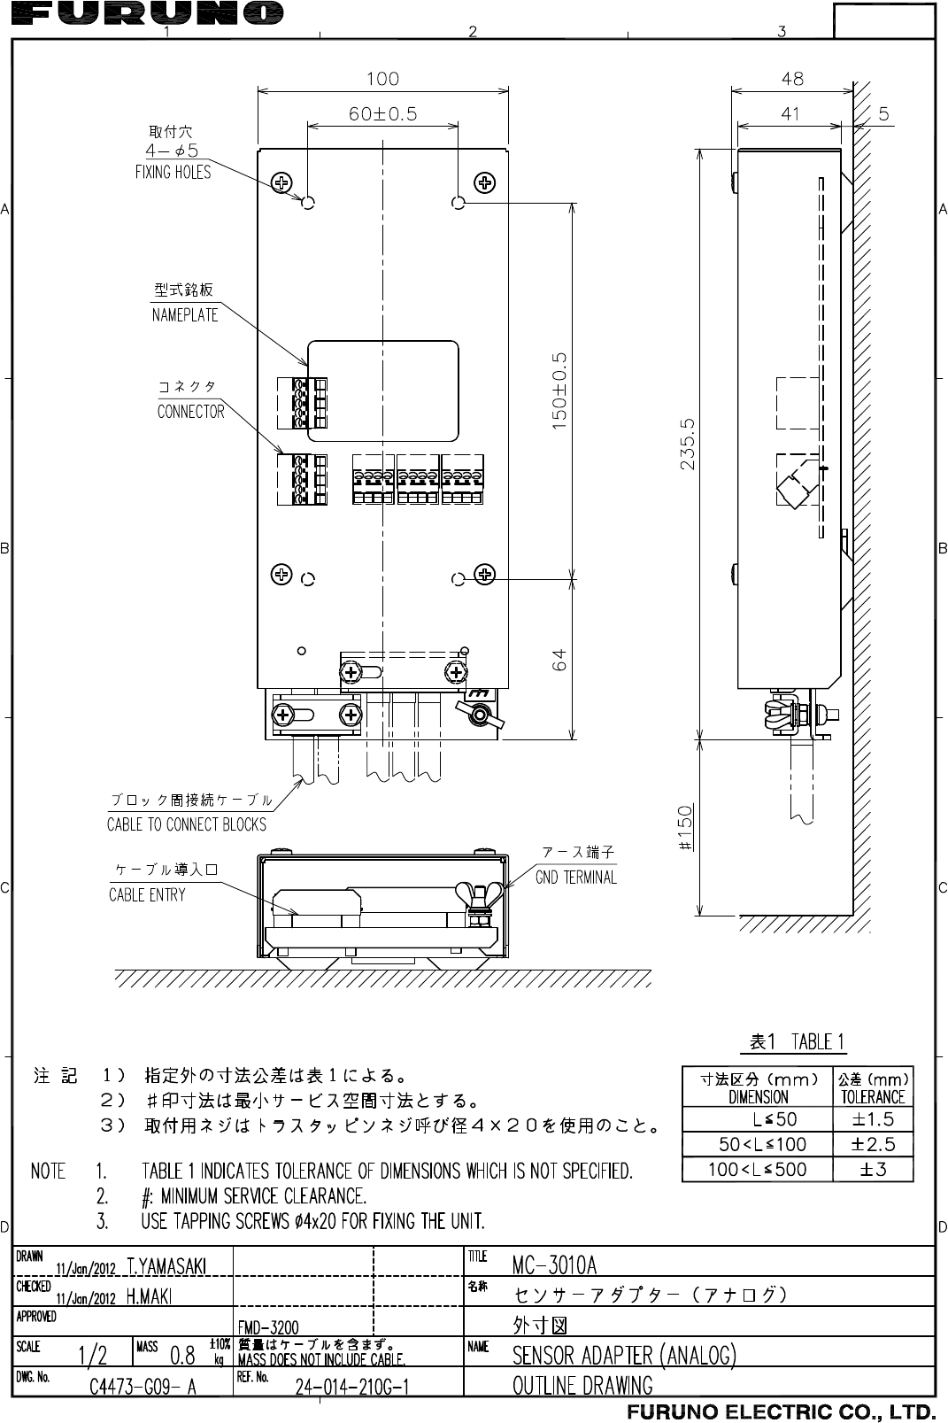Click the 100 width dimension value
[x=382, y=79]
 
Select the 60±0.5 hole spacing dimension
[x=382, y=113]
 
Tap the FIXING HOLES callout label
[x=173, y=172]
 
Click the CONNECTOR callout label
[x=190, y=412]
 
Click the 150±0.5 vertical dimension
[x=559, y=391]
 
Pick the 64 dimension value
[x=559, y=660]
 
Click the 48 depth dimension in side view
[x=792, y=79]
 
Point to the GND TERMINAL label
[x=576, y=878]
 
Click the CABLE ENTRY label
[x=147, y=894]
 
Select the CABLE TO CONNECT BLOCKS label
[x=186, y=824]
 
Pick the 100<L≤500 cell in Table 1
[x=757, y=1169]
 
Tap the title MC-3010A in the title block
[x=555, y=1263]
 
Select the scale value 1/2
[x=93, y=1355]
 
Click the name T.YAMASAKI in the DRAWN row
[x=167, y=1267]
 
